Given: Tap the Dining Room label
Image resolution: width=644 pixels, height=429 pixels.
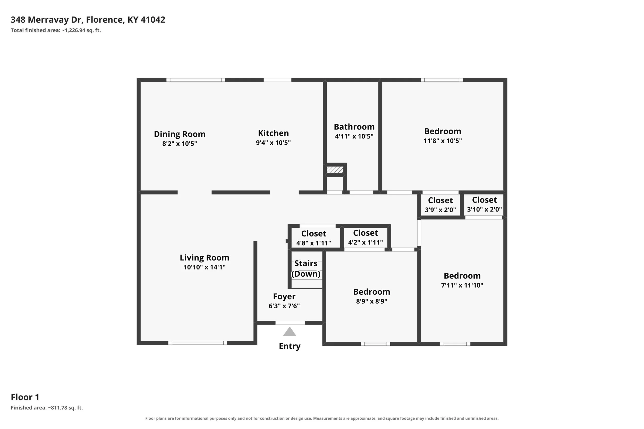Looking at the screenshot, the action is [x=180, y=134].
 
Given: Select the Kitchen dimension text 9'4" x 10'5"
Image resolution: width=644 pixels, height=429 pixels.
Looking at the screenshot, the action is [x=273, y=143].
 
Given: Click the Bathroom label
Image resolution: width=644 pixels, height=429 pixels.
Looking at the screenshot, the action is [x=354, y=127].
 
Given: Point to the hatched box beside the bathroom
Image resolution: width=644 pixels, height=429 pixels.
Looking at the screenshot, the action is [x=335, y=170].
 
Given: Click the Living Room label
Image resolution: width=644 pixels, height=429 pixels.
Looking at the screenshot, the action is [x=205, y=258].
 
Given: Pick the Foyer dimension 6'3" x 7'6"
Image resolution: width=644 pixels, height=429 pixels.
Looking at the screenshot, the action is [x=284, y=306].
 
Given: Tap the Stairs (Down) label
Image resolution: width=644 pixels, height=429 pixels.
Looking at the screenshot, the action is [x=306, y=268].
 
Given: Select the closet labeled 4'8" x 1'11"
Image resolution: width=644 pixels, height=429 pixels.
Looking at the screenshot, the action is [x=314, y=238].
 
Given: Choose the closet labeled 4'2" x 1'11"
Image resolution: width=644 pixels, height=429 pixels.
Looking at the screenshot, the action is [x=366, y=237].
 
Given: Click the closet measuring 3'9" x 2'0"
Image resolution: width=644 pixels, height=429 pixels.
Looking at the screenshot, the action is [x=440, y=205].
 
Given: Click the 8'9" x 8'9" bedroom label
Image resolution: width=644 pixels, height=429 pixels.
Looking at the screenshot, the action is [x=371, y=292].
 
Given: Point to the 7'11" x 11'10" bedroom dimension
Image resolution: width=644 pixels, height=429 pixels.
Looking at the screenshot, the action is [x=462, y=285].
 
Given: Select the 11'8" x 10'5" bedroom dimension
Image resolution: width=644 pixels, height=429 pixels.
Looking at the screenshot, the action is [x=443, y=141].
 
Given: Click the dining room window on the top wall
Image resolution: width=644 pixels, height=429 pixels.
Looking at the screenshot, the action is [x=196, y=80].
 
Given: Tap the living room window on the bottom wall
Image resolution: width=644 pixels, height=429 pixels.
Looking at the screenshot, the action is [x=198, y=343].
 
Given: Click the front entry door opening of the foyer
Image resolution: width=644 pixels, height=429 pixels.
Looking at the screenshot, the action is [x=290, y=323].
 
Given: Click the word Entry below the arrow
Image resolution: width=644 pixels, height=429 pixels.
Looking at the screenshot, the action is [x=290, y=346].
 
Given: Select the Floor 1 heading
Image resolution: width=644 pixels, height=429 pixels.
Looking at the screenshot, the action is [x=25, y=397].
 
